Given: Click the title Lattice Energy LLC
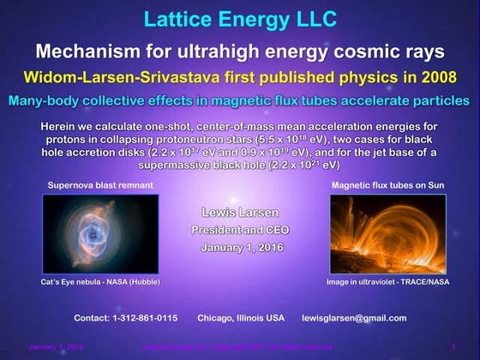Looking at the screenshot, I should click(239, 18).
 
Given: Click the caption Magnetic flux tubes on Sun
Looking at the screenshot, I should click(389, 184).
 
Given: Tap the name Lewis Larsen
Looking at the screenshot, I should click(239, 211).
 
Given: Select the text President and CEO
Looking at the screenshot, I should click(239, 229).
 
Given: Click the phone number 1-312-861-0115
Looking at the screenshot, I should click(141, 318).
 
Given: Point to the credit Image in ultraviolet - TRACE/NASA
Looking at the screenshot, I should click(388, 281).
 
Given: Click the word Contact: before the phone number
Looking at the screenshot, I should click(90, 318).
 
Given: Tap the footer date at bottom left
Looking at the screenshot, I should click(56, 347).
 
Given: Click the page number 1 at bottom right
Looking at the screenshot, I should click(453, 347).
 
